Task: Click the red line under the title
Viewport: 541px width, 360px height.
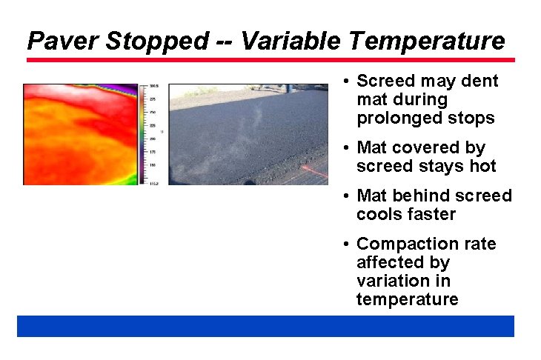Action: [x=270, y=59]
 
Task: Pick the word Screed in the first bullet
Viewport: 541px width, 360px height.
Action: [x=385, y=81]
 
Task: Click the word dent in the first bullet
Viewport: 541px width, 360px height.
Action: [x=480, y=81]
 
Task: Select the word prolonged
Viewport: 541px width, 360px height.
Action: [x=393, y=119]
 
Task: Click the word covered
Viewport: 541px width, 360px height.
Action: [x=423, y=148]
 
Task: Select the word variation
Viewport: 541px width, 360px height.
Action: [x=386, y=281]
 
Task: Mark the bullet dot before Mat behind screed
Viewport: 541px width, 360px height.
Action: [x=346, y=196]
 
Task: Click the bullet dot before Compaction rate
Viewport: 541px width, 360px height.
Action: [x=346, y=244]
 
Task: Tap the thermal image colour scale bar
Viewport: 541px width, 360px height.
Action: [x=144, y=133]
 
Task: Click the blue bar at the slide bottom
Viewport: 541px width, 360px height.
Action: [x=265, y=326]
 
